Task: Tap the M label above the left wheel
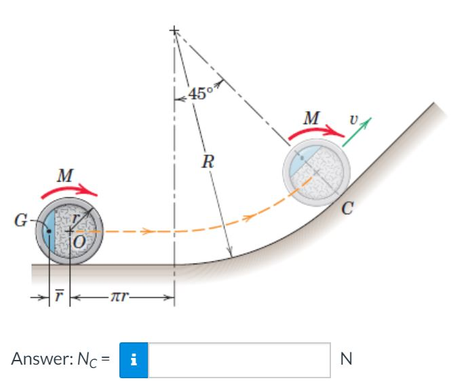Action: point(65,176)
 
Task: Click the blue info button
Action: point(133,357)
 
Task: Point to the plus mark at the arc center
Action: point(174,31)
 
